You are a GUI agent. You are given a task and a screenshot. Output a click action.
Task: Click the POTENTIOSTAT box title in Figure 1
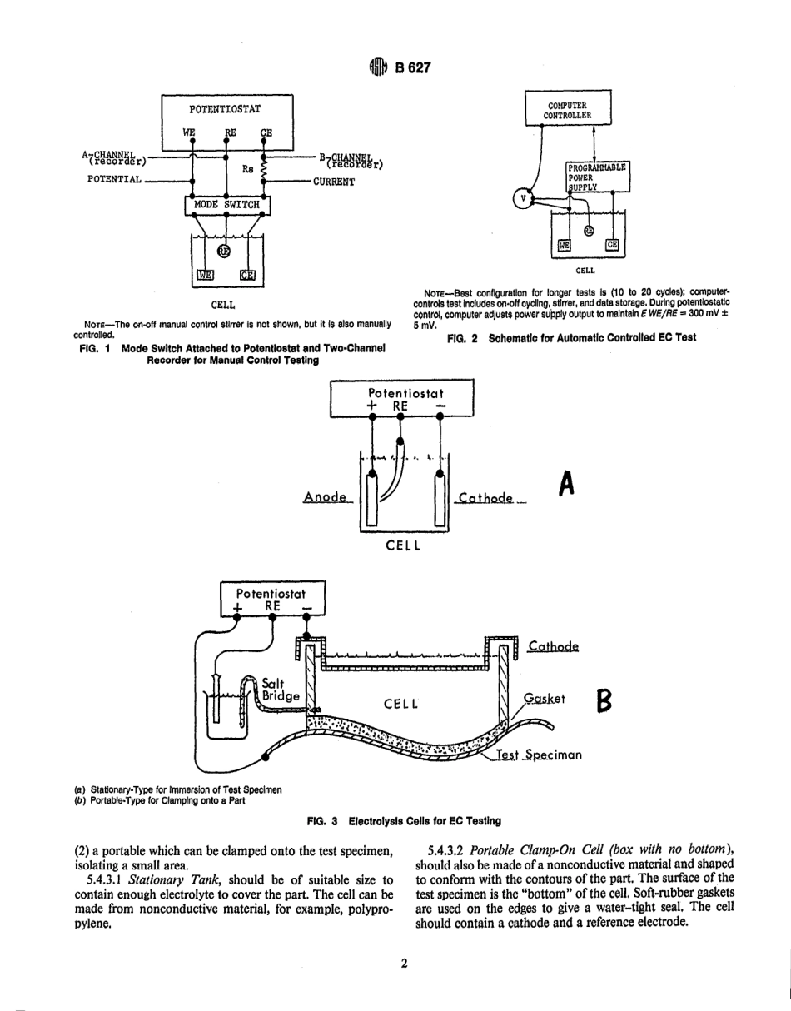coord(225,109)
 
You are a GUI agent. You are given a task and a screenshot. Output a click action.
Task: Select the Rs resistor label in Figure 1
coord(247,168)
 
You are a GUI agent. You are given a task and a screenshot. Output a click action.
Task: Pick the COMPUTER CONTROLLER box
coord(568,110)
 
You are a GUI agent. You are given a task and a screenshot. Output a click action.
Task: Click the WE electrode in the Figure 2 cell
coord(565,245)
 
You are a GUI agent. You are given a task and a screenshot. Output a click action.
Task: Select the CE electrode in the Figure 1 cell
coord(247,275)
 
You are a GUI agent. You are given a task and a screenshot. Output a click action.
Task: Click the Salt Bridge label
coord(279,687)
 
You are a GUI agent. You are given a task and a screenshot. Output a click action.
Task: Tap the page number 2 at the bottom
coord(403,964)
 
